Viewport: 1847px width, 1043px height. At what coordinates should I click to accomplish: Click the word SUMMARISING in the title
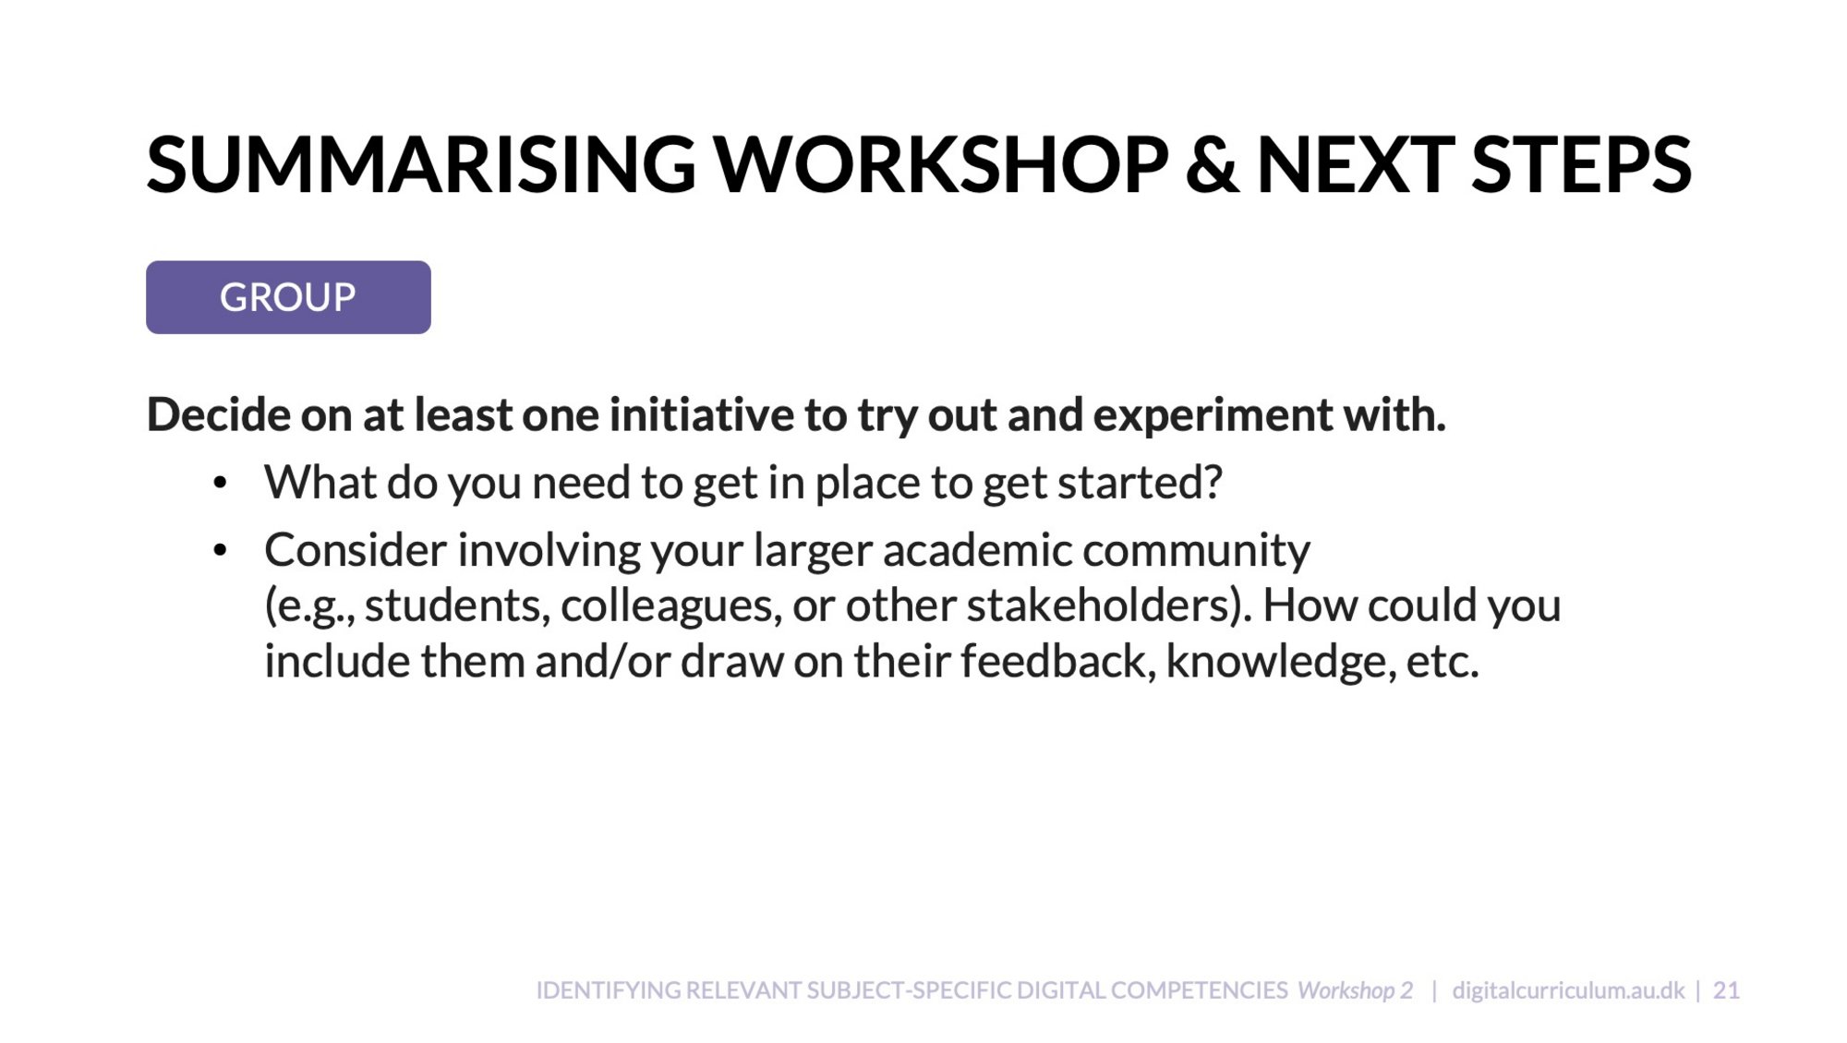(x=421, y=165)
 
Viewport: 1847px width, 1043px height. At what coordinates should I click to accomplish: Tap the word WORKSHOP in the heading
(x=942, y=165)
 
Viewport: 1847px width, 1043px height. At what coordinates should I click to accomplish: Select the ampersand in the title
(x=1213, y=165)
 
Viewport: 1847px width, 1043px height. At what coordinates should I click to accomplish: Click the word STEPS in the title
(x=1581, y=165)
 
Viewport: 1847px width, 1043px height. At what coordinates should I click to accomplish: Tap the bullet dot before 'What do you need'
(x=220, y=484)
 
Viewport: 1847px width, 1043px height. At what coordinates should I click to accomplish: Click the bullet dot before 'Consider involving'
(x=220, y=551)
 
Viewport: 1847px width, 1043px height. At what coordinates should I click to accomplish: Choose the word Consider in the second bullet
(x=356, y=550)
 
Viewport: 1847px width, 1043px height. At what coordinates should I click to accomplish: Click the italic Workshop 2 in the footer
(x=1355, y=990)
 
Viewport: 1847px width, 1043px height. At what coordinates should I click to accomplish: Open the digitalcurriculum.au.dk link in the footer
(x=1568, y=990)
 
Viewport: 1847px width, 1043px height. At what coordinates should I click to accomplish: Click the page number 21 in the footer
(x=1726, y=990)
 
